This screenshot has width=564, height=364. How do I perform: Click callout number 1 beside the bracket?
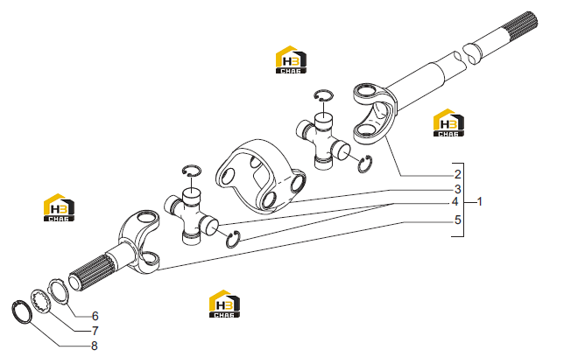479,201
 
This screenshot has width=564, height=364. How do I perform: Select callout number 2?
457,174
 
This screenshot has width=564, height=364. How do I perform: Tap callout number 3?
457,189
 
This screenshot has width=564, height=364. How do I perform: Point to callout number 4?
455,202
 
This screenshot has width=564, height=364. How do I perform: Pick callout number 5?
457,220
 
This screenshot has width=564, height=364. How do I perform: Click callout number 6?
95,316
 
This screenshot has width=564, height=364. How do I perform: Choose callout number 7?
95,331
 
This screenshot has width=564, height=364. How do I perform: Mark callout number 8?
95,346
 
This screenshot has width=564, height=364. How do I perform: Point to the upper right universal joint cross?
323,141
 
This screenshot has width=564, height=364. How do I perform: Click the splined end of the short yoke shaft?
92,271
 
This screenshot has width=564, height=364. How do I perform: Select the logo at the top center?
291,59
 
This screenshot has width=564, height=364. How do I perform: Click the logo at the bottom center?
224,304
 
